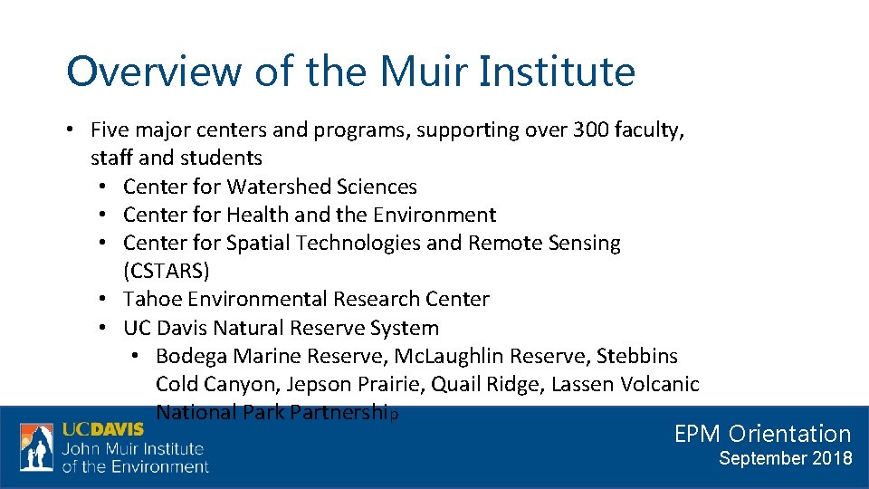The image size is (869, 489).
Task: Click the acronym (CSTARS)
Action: click(x=167, y=271)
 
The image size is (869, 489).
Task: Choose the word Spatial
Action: click(x=257, y=243)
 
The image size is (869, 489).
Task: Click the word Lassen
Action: click(x=582, y=384)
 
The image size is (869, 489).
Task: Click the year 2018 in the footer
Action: click(x=832, y=458)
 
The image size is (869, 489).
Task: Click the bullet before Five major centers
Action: click(x=70, y=130)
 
